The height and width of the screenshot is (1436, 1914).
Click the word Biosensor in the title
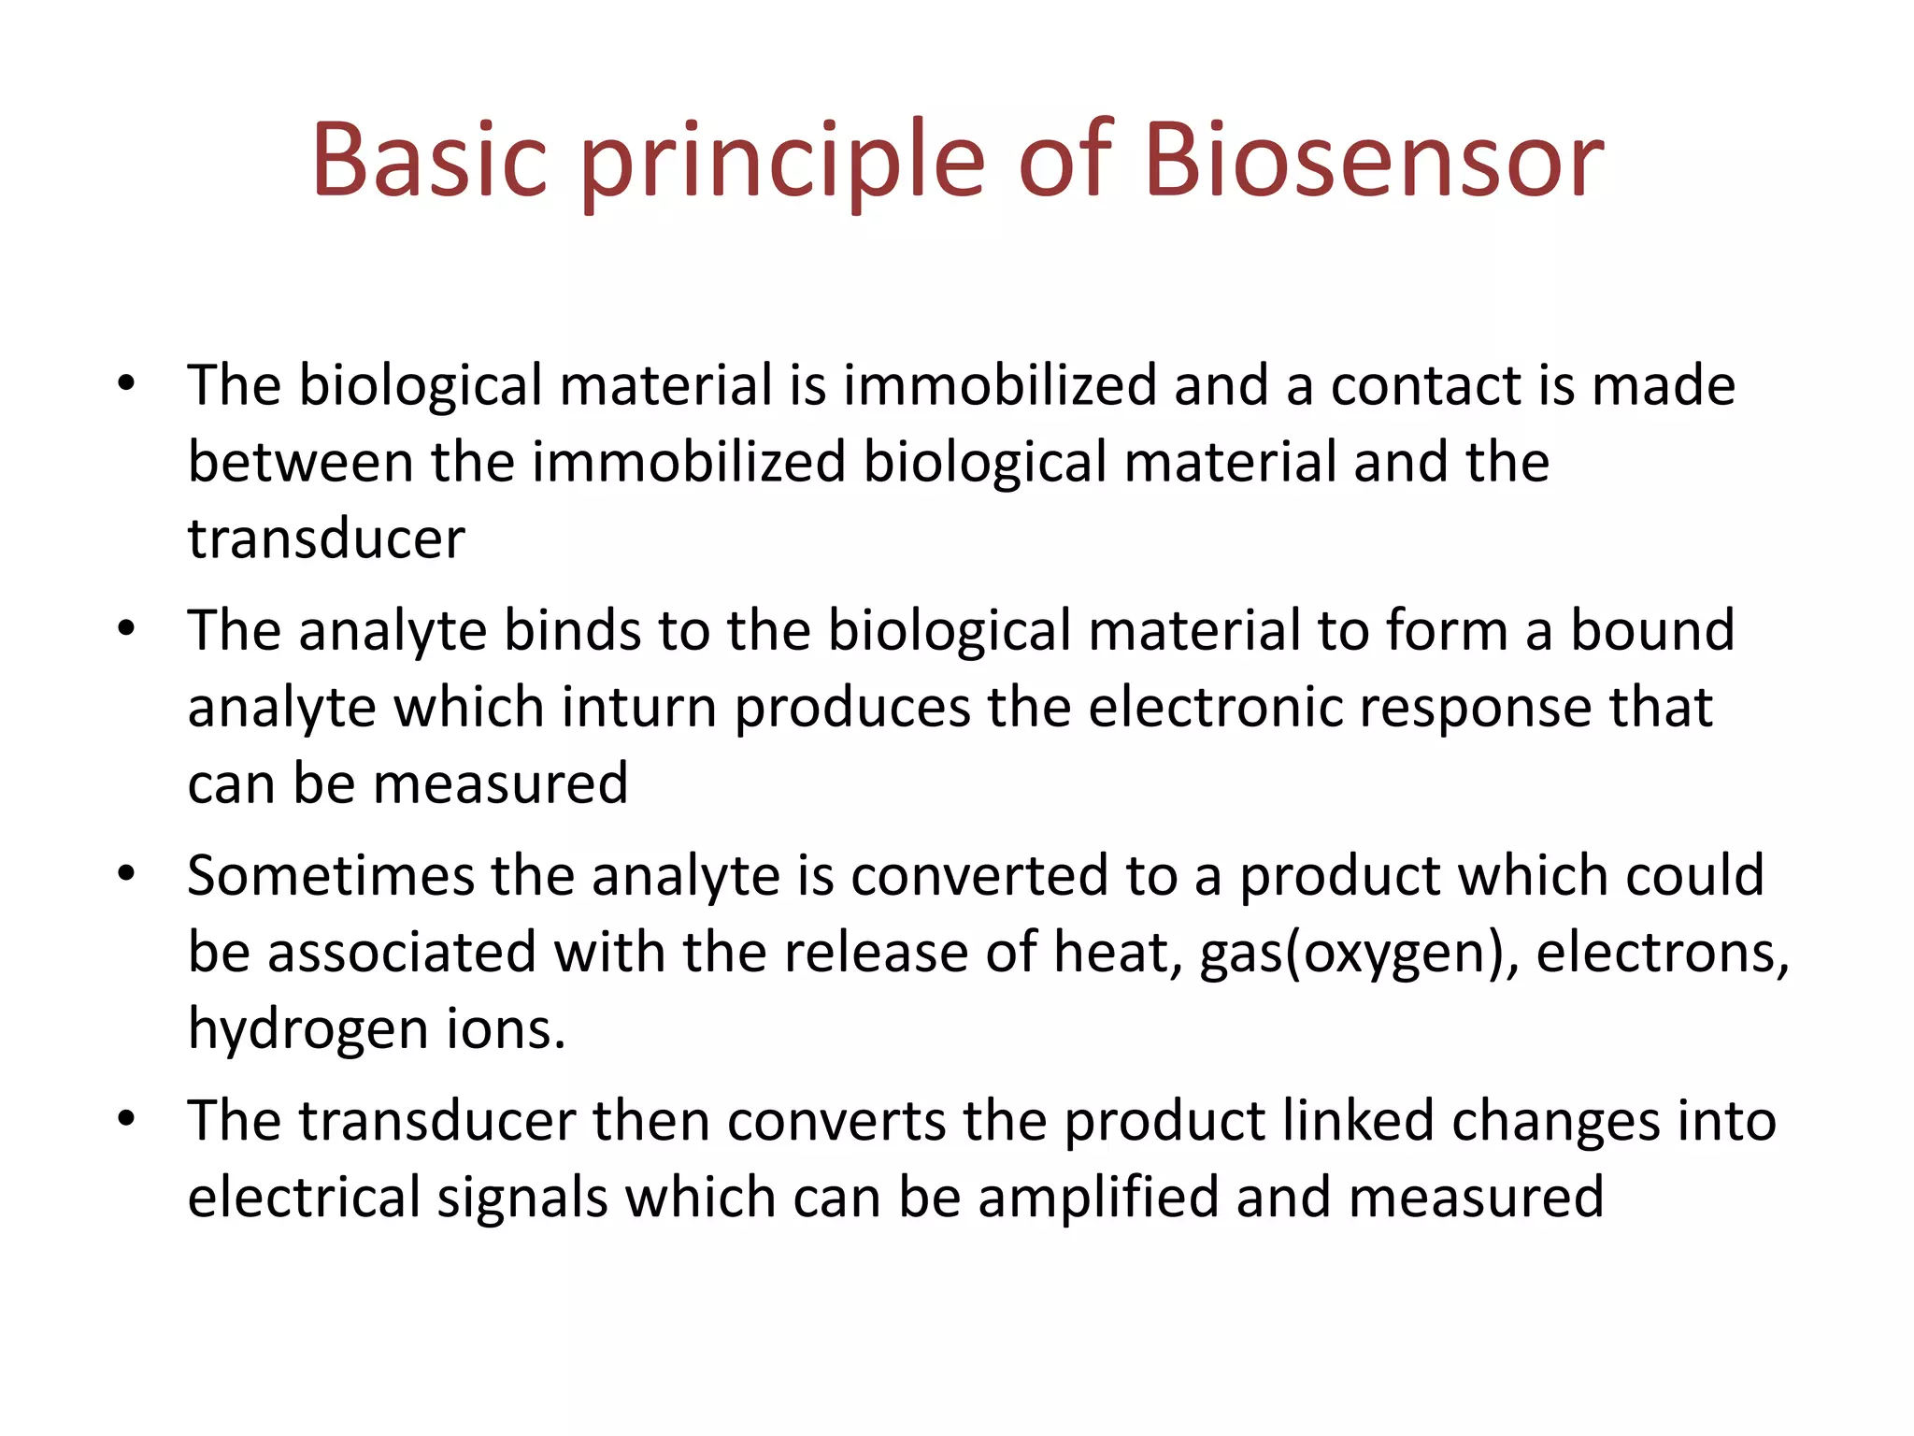pyautogui.click(x=1373, y=161)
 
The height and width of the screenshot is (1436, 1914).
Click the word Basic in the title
pyautogui.click(x=429, y=161)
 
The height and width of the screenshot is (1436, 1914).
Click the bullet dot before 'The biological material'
pyautogui.click(x=127, y=383)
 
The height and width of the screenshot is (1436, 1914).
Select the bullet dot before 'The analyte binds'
pyautogui.click(x=127, y=628)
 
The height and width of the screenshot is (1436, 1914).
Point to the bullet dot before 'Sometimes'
pyautogui.click(x=127, y=874)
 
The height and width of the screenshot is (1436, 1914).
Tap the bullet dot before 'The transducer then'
pyautogui.click(x=127, y=1119)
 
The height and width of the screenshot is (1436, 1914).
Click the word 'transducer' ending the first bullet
pyautogui.click(x=326, y=539)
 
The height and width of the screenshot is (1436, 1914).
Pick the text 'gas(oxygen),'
pyautogui.click(x=1359, y=955)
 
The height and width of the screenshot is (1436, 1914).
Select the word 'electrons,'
pyautogui.click(x=1663, y=955)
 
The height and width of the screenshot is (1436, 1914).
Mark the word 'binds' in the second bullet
pyautogui.click(x=573, y=630)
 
